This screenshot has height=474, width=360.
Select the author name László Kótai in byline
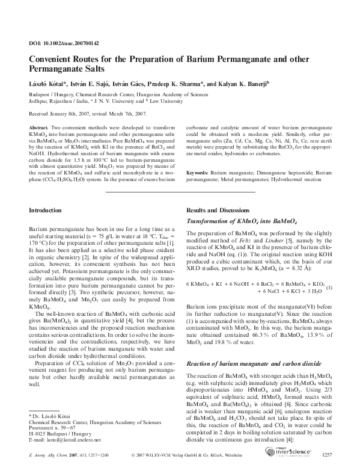47,85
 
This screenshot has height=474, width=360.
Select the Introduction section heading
46,211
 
